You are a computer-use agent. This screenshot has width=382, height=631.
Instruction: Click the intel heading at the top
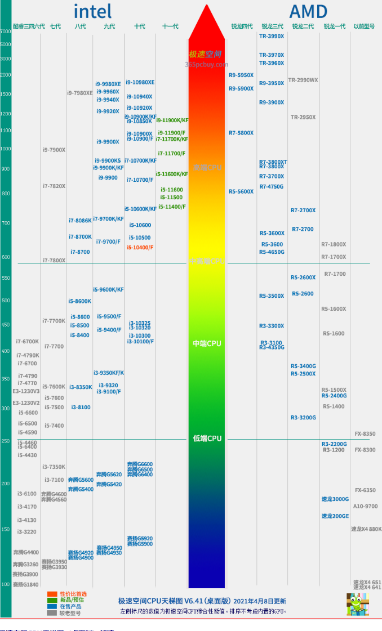92,11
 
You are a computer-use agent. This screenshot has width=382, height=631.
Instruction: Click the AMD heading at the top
308,11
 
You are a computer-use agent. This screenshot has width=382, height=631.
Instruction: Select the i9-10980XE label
140,83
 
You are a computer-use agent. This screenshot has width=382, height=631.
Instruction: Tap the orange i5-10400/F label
140,248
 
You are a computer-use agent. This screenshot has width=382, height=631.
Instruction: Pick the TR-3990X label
272,36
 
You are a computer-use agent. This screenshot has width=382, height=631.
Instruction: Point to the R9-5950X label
241,75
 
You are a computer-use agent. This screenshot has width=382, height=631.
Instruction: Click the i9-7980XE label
80,93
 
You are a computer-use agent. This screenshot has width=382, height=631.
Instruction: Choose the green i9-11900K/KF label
172,120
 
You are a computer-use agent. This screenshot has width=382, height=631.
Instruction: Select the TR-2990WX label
303,80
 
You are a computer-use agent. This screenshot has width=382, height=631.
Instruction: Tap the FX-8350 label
365,434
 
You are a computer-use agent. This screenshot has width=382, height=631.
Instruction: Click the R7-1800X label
334,244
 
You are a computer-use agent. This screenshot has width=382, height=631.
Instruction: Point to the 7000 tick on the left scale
5,32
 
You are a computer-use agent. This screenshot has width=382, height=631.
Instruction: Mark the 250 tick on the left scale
5,441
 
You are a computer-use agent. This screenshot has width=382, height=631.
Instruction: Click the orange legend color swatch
52,594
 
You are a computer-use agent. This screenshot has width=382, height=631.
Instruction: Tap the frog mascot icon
357,604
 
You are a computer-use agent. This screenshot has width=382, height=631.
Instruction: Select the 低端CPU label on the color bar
207,438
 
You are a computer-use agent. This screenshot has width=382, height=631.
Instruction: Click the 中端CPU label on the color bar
207,343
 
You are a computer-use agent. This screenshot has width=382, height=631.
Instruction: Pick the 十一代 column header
170,26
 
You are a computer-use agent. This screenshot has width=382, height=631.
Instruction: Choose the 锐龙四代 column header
242,26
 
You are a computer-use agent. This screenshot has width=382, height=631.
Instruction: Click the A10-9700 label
366,507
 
